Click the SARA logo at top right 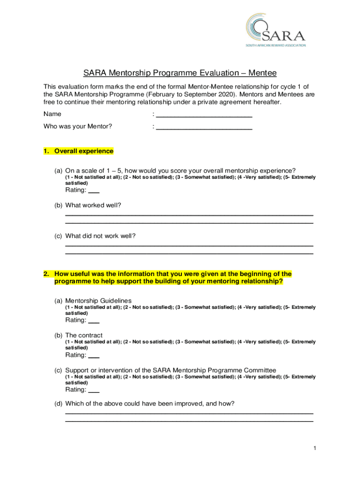276,30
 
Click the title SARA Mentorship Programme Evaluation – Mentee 180,73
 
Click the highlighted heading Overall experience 84,152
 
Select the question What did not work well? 100,236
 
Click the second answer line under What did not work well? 189,254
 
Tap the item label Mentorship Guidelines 98,300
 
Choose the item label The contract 84,335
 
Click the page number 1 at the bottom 315,449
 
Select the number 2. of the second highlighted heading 46,274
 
